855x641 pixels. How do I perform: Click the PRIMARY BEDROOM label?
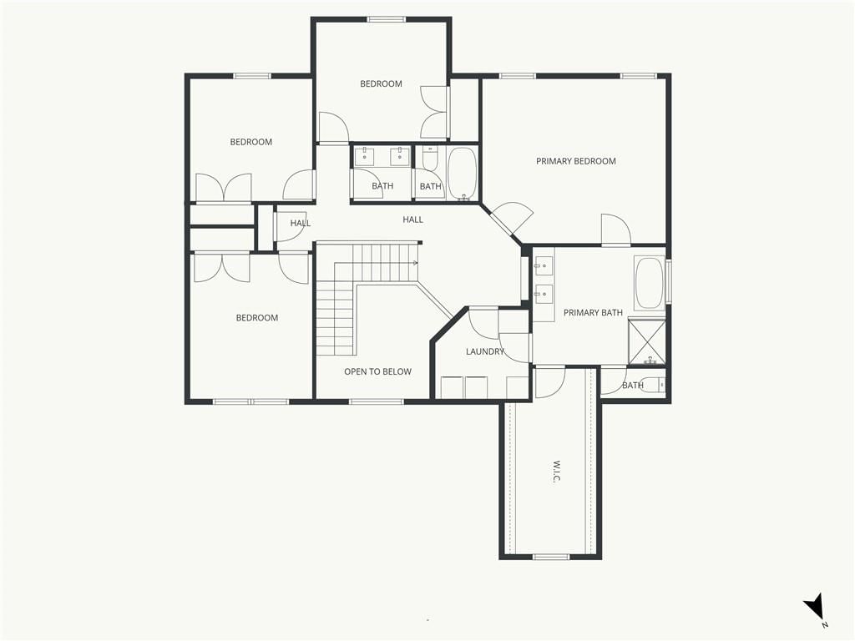576,161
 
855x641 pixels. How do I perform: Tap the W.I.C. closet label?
556,472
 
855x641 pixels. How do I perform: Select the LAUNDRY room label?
485,351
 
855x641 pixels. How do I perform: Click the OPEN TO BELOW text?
378,371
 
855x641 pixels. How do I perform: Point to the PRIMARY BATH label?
593,313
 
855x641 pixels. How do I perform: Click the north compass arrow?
814,607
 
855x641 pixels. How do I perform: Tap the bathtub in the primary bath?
649,284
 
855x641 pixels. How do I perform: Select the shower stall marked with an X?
647,341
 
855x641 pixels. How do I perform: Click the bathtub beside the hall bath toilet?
463,174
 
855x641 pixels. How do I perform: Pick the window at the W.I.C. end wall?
551,557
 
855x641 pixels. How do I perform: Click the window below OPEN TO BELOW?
377,401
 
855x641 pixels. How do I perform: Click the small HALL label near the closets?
301,223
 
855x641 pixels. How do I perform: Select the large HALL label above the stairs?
412,220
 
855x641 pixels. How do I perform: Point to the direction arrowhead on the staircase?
416,263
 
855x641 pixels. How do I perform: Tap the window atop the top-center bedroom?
386,20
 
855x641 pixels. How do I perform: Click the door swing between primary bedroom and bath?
616,230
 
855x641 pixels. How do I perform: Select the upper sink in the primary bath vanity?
544,265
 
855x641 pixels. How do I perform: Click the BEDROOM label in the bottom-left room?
257,318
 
